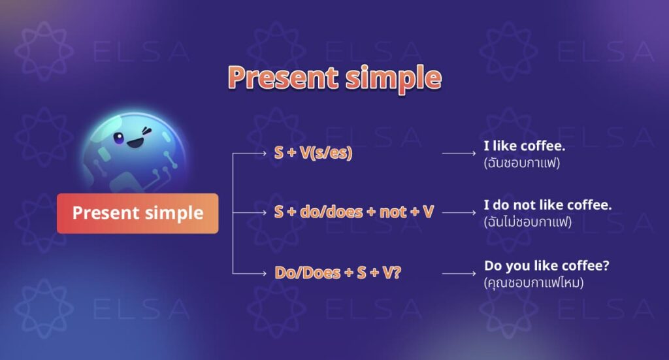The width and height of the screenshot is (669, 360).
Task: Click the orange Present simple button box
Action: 137,213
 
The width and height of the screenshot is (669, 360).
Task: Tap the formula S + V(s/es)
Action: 313,154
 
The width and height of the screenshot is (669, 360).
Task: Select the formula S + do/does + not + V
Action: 354,212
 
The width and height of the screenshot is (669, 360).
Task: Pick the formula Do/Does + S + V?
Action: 338,272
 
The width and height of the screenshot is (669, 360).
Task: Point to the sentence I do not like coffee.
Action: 547,205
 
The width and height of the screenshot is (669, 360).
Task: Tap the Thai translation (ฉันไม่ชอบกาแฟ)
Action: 528,222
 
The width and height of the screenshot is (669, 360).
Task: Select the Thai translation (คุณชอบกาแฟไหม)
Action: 533,283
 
